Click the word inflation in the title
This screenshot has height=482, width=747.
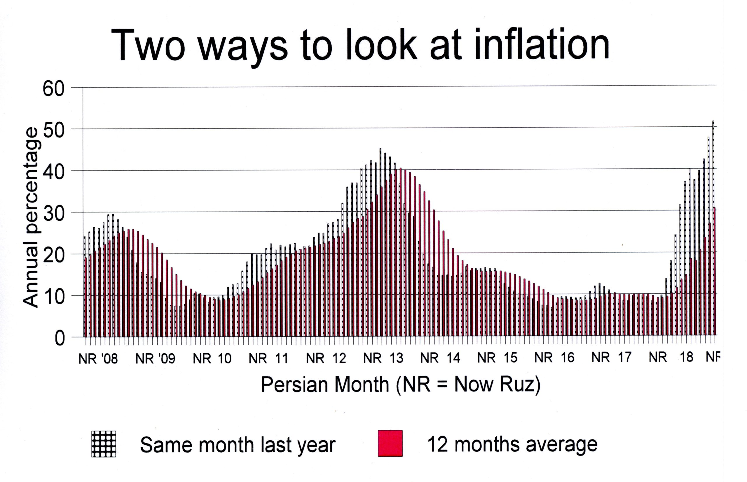click(x=542, y=45)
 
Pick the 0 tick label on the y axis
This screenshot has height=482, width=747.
click(x=60, y=338)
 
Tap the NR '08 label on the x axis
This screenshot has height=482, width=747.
click(x=98, y=359)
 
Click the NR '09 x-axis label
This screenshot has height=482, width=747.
click(x=155, y=359)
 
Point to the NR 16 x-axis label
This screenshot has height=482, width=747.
click(x=554, y=358)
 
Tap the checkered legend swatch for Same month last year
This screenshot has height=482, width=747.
click(x=104, y=444)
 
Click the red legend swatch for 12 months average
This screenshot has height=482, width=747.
click(x=390, y=443)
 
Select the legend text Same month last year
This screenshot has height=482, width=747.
click(x=238, y=445)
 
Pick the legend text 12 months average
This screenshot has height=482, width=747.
click(x=512, y=444)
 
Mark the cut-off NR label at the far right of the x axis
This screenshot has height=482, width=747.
click(x=713, y=357)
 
